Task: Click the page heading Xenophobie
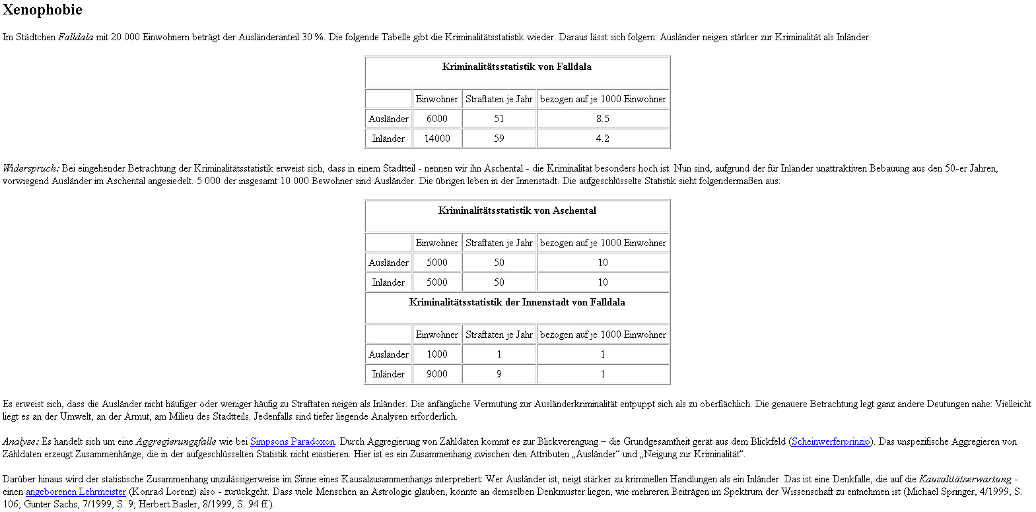pos(42,10)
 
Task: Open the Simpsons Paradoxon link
pos(292,441)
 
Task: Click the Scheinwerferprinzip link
pos(830,441)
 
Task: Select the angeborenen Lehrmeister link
pos(75,492)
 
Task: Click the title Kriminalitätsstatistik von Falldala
pos(517,67)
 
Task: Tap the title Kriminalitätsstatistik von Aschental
pos(517,210)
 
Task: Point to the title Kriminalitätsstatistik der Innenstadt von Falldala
pos(517,302)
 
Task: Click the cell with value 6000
pos(437,119)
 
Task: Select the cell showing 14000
pos(437,139)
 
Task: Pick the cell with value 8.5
pos(603,119)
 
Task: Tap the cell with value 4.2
pos(603,139)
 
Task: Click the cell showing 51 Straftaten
pos(499,119)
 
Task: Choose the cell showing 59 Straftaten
pos(499,139)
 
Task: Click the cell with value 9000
pos(437,374)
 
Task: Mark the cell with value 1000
pos(437,354)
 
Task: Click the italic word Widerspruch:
pos(31,168)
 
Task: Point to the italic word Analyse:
pos(20,441)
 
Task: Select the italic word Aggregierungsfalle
pos(176,441)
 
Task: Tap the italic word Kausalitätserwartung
pos(965,479)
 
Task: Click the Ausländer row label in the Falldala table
pos(389,119)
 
